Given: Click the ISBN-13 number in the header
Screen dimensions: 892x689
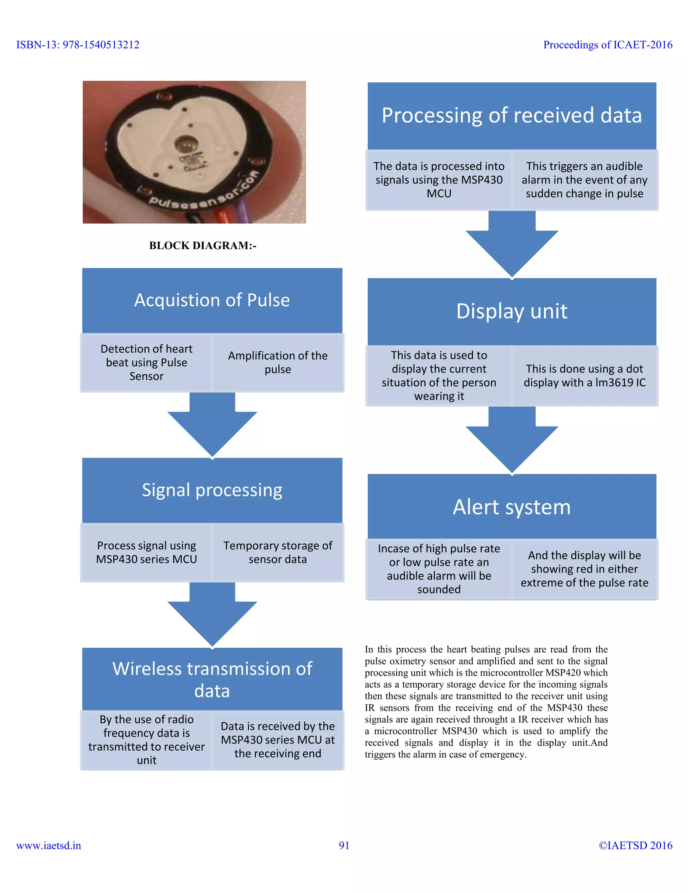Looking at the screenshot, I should pyautogui.click(x=78, y=44).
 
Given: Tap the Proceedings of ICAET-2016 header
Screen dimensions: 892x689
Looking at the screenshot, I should pyautogui.click(x=607, y=44).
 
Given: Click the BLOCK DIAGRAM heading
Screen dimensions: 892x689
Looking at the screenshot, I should pyautogui.click(x=203, y=245).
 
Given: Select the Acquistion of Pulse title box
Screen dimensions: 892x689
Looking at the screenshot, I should pyautogui.click(x=212, y=300).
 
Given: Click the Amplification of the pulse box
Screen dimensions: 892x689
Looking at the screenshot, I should pyautogui.click(x=278, y=362).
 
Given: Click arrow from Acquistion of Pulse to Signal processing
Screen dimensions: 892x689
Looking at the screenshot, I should pyautogui.click(x=212, y=425).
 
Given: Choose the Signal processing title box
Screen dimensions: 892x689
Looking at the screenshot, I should pyautogui.click(x=212, y=490).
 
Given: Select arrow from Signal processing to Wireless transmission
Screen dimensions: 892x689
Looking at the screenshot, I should pyautogui.click(x=212, y=615).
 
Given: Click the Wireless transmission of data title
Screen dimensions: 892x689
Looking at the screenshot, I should pyautogui.click(x=212, y=680).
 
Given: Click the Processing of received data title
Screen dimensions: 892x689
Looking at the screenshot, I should pyautogui.click(x=511, y=115).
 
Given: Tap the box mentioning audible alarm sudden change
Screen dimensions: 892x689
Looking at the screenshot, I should pyautogui.click(x=584, y=180).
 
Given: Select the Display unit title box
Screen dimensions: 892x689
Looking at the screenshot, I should pyautogui.click(x=511, y=311).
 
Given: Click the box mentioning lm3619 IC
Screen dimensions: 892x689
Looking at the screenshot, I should pyautogui.click(x=584, y=376).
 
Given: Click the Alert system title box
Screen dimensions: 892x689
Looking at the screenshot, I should pyautogui.click(x=511, y=507).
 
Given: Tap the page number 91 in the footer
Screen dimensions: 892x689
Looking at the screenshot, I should pyautogui.click(x=344, y=846).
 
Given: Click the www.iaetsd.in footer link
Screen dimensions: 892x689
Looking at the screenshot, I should pyautogui.click(x=48, y=846).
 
